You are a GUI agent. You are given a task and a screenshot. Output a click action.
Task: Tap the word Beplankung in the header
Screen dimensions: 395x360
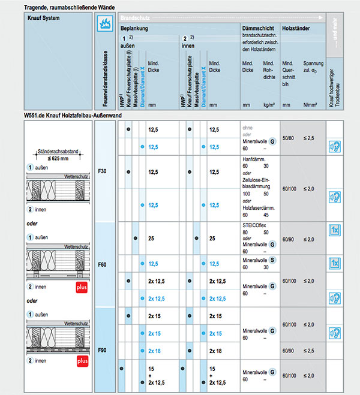(134, 29)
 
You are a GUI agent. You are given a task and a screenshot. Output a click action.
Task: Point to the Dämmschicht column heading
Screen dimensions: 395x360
(258, 29)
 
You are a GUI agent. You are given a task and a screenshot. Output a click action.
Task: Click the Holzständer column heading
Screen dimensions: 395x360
(296, 29)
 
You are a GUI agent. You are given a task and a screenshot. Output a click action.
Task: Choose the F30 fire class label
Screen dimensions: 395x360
(103, 172)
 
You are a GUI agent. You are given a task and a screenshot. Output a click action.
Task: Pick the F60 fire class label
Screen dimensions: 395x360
(103, 263)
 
